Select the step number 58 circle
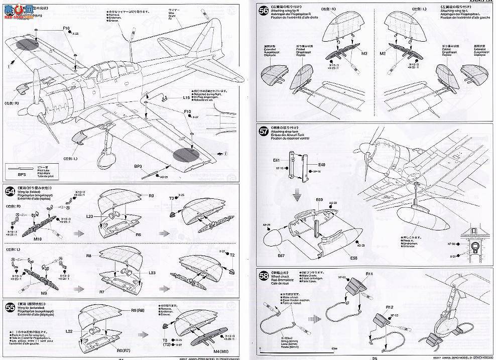(263, 275)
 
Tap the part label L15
(172, 98)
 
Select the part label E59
(319, 201)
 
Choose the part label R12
(369, 274)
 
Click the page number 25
(375, 357)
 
